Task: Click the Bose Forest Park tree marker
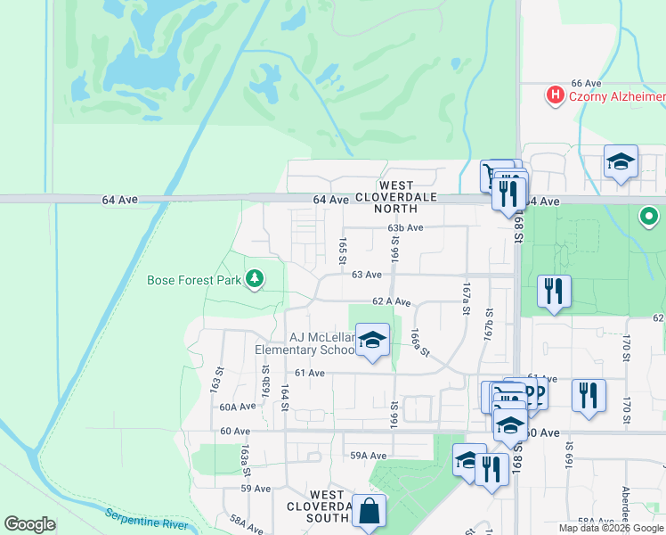point(256,280)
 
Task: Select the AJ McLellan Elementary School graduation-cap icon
point(373,340)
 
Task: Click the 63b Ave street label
point(405,228)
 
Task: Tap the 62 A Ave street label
point(391,302)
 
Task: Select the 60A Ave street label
point(238,407)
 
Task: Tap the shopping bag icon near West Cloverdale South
point(369,512)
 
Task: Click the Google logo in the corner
point(30,524)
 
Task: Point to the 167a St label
point(465,300)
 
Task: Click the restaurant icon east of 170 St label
point(589,394)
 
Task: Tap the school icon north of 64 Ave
point(621,161)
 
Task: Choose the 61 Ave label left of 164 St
point(311,373)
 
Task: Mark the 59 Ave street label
point(255,489)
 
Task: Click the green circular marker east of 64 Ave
point(650,216)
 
